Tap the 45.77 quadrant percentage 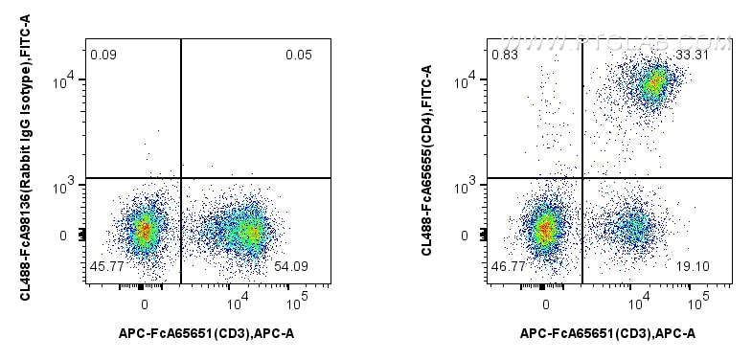pos(104,265)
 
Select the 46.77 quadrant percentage pos(507,265)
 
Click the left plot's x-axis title pos(207,333)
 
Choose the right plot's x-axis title pos(607,333)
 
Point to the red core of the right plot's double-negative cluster pos(545,229)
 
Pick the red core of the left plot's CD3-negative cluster pos(145,230)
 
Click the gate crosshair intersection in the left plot pos(181,178)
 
